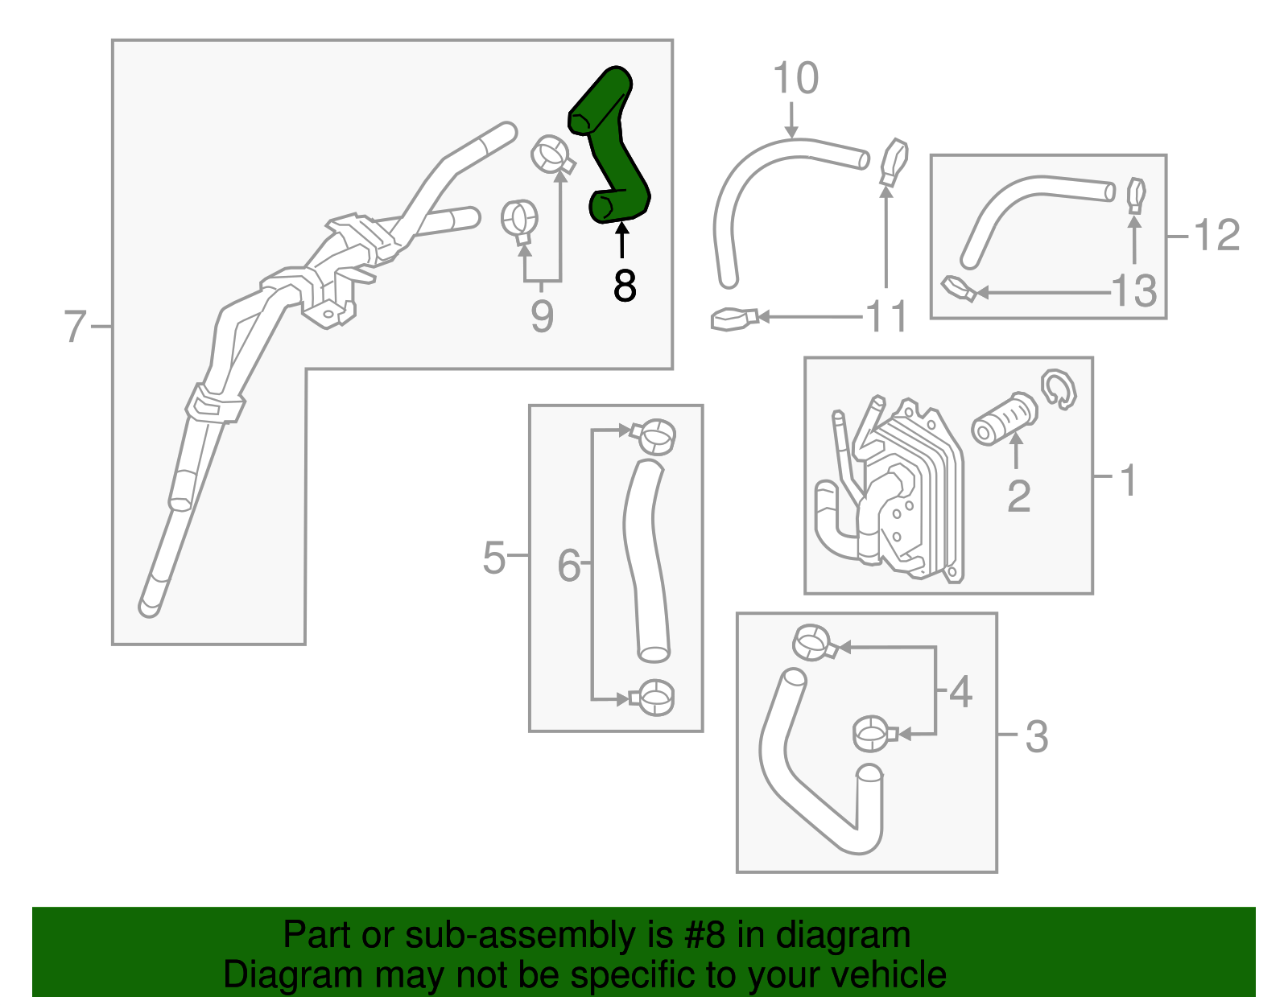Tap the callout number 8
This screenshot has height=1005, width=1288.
pos(624,286)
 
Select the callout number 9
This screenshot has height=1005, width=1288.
pos(542,316)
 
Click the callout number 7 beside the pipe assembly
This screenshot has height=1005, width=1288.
pos(75,326)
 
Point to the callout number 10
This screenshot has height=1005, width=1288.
pos(795,78)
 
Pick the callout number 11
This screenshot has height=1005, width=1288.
pos(886,317)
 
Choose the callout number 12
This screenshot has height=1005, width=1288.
pos(1216,236)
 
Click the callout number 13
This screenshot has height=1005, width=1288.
pos(1134,290)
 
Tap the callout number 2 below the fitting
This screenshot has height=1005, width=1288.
pos(1018,496)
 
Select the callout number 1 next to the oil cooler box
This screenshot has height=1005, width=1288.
pos(1129,480)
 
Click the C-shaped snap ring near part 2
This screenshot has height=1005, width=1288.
pos(1059,389)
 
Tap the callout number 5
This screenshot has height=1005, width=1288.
pos(493,557)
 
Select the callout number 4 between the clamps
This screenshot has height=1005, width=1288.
pos(960,691)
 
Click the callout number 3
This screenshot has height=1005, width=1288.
pos(1037,736)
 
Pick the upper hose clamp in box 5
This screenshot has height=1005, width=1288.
pos(654,435)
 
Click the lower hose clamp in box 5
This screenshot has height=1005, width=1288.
pos(654,697)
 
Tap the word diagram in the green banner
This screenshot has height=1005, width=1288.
pos(843,935)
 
